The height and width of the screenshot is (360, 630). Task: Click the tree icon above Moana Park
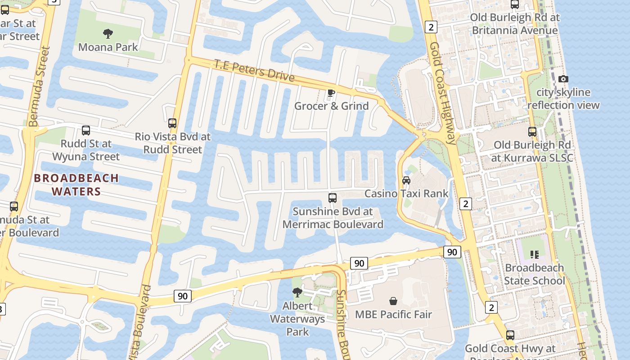(x=108, y=33)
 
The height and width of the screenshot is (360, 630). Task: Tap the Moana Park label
(x=108, y=47)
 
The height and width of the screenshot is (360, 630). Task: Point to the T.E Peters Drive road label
(x=254, y=71)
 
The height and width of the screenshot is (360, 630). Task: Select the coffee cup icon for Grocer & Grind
(x=331, y=93)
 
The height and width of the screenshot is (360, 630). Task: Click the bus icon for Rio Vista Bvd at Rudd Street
(x=172, y=123)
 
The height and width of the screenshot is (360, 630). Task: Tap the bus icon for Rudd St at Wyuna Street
(x=86, y=130)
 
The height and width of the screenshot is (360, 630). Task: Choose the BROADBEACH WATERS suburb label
(x=76, y=184)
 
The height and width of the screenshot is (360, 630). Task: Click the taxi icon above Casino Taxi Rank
(x=406, y=180)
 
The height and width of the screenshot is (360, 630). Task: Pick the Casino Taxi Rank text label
(x=406, y=193)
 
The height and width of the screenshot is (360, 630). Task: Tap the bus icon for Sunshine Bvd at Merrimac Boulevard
(x=333, y=198)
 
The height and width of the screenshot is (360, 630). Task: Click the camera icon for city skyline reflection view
(x=563, y=79)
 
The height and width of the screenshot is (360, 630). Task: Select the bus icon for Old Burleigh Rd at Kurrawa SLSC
(x=532, y=132)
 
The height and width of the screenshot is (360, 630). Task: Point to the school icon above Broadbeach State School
(x=534, y=255)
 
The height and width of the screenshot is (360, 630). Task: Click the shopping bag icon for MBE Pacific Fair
(x=393, y=301)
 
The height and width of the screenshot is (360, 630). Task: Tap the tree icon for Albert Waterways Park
(x=297, y=292)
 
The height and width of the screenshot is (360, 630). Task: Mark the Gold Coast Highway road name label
(x=443, y=93)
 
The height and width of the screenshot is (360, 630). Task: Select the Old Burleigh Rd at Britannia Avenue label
(x=515, y=24)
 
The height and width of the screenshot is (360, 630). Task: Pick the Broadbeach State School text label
(x=534, y=274)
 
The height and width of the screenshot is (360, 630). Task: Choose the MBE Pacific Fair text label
(x=393, y=314)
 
